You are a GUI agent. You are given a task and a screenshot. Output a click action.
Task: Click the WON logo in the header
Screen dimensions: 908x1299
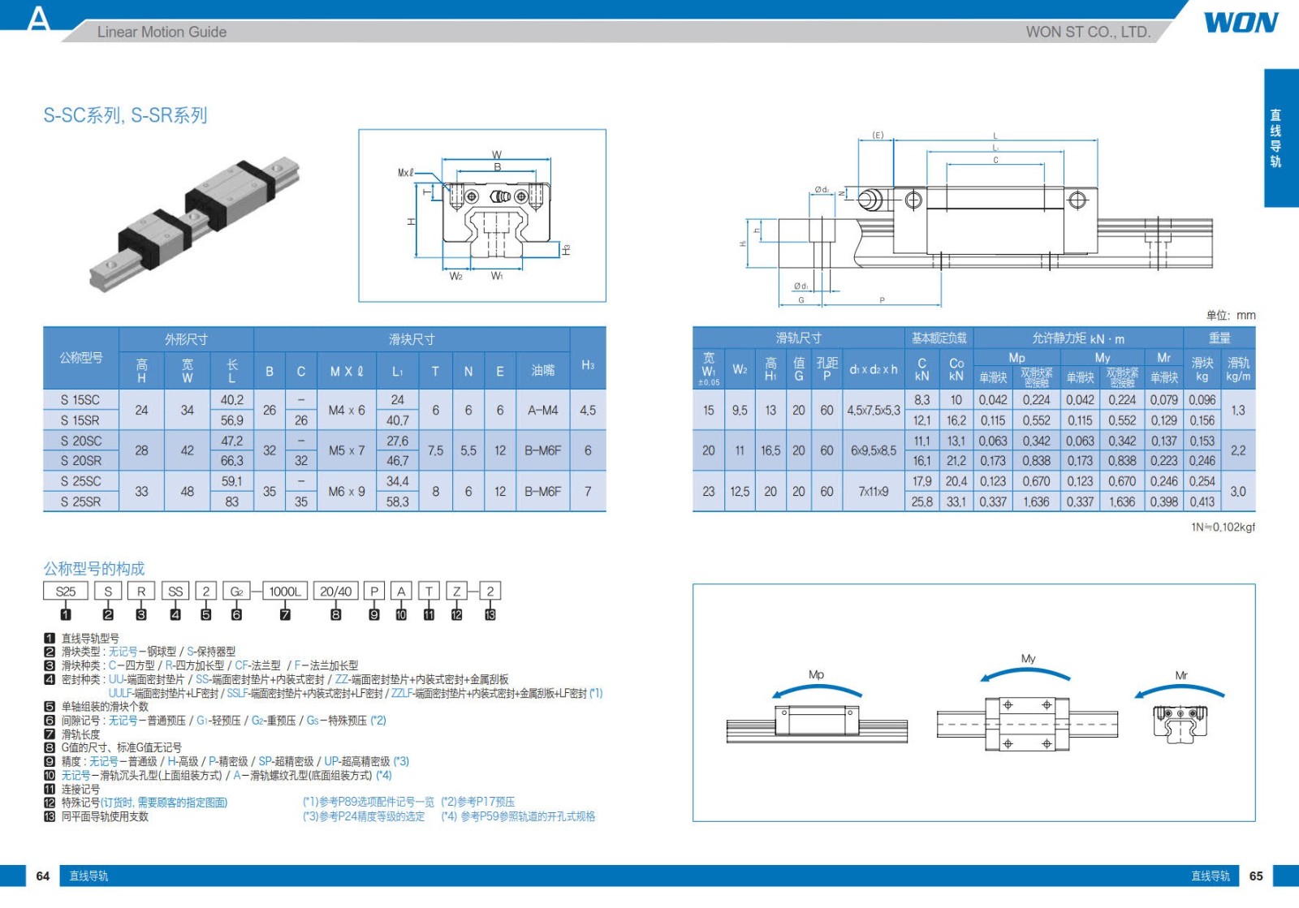tap(1241, 23)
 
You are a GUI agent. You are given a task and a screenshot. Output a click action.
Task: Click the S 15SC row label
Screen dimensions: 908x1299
tap(80, 400)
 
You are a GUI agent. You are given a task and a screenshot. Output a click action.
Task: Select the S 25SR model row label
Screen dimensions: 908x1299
tap(80, 501)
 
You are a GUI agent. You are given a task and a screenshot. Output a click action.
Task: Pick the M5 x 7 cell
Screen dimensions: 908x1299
tap(347, 450)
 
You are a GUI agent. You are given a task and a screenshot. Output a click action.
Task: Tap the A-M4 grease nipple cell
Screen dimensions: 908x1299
tap(542, 411)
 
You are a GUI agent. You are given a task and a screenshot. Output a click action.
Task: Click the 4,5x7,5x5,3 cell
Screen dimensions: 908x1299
tap(874, 411)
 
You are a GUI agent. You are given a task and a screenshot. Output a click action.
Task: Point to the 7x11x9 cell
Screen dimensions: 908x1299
tap(874, 491)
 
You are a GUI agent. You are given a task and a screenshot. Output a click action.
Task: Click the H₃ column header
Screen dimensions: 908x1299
tap(588, 365)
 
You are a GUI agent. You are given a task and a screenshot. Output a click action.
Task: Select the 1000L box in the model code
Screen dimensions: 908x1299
tap(285, 592)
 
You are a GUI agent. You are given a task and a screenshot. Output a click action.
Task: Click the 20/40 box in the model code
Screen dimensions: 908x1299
tap(335, 592)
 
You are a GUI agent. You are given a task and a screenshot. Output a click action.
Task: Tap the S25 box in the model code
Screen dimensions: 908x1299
tap(65, 592)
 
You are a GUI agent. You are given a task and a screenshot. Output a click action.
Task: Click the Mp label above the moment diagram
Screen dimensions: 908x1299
tap(816, 674)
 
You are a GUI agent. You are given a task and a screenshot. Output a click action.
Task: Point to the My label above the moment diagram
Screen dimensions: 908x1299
tap(1028, 659)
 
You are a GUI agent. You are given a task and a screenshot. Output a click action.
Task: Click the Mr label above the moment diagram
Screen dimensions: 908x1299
tap(1181, 675)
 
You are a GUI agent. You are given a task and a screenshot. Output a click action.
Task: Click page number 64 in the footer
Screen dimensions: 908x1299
tap(43, 876)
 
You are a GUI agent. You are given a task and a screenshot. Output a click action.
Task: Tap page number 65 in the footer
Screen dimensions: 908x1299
tap(1256, 876)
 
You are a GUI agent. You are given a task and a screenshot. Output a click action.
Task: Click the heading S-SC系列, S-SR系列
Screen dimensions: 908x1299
tap(125, 115)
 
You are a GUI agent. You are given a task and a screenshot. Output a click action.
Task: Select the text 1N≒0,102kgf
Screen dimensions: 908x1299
tap(1223, 527)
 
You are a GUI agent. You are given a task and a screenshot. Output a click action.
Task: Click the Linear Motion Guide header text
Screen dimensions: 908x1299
tap(162, 32)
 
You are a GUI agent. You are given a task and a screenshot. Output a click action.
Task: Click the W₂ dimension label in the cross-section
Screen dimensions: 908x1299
tap(456, 277)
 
